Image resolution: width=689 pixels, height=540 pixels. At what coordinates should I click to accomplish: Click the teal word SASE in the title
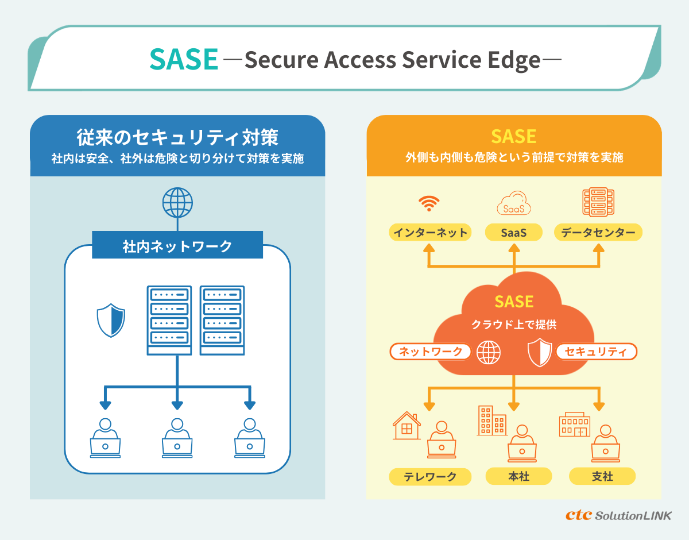(184, 59)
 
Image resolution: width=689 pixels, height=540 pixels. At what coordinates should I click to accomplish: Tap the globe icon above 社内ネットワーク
(177, 202)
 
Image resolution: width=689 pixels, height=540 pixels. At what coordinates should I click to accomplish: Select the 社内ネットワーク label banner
(177, 246)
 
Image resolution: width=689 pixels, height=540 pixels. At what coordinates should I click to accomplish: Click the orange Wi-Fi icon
(429, 203)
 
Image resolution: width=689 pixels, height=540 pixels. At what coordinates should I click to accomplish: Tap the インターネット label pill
(429, 233)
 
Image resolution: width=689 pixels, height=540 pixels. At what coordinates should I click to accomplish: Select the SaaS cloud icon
(514, 204)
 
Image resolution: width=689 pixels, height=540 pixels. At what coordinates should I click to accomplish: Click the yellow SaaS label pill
(514, 233)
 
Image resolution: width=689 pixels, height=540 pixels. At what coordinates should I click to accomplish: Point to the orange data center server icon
(598, 202)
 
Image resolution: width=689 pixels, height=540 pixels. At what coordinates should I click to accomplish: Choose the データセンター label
(598, 233)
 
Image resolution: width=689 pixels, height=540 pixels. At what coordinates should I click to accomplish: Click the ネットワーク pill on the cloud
(431, 352)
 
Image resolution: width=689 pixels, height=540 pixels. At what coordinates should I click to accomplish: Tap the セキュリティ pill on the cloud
(596, 352)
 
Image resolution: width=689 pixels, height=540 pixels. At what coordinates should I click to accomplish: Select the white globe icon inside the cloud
(489, 352)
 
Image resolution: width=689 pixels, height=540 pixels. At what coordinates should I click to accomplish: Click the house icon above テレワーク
(407, 426)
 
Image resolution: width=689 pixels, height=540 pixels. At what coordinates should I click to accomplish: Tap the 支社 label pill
(602, 476)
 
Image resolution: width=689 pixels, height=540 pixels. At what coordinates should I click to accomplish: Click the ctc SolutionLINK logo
(618, 515)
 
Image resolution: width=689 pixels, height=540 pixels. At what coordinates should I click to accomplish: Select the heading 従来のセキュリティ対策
(177, 137)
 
